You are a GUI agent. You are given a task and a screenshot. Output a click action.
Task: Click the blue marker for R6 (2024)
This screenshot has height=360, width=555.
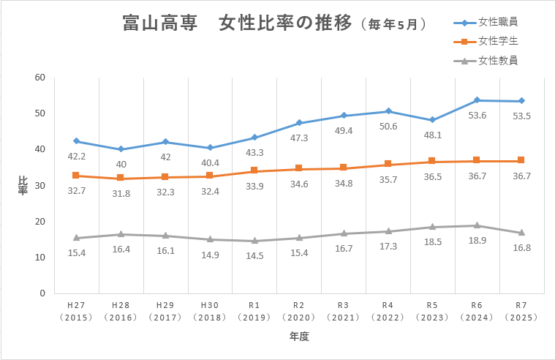477,100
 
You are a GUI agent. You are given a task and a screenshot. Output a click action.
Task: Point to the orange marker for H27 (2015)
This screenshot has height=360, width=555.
76,176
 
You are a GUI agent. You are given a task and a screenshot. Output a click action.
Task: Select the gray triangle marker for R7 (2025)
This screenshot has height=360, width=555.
521,233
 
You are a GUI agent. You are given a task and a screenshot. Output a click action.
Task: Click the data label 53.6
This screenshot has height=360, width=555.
477,116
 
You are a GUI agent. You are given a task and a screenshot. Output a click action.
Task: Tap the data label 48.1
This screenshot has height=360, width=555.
432,135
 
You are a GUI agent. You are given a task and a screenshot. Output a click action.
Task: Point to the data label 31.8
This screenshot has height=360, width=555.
121,193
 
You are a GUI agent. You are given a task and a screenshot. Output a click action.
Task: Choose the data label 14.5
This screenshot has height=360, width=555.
254,255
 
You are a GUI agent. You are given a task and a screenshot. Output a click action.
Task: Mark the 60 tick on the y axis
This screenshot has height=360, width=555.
39,78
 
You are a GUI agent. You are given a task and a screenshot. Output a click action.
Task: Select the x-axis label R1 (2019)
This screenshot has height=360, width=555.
254,310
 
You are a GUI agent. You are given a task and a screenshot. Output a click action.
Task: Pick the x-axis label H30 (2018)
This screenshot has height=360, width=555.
210,310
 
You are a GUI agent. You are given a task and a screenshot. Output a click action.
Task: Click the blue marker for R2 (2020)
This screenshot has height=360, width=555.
299,123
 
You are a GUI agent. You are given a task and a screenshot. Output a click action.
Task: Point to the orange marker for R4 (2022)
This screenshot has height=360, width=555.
388,164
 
